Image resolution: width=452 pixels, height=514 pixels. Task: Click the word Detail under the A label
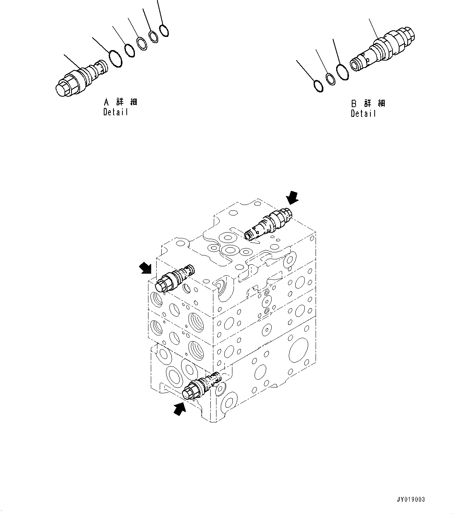pyautogui.click(x=115, y=112)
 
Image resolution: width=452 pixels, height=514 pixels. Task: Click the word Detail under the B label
pyautogui.click(x=363, y=114)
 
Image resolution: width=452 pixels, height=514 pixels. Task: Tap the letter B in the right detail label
pyautogui.click(x=354, y=104)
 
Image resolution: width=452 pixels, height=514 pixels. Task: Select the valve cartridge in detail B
pyautogui.click(x=383, y=49)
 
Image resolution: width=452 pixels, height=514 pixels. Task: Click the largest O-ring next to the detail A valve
pyautogui.click(x=115, y=58)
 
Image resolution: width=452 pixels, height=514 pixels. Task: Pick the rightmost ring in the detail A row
pyautogui.click(x=164, y=30)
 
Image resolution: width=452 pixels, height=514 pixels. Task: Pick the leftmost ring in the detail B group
pyautogui.click(x=318, y=86)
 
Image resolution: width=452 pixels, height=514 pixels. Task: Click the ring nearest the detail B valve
pyautogui.click(x=342, y=73)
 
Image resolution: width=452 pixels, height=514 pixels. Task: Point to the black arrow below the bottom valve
pyautogui.click(x=179, y=408)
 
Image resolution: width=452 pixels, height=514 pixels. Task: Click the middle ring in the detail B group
pyautogui.click(x=331, y=79)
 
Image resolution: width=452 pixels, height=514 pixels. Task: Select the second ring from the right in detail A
pyautogui.click(x=154, y=36)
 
